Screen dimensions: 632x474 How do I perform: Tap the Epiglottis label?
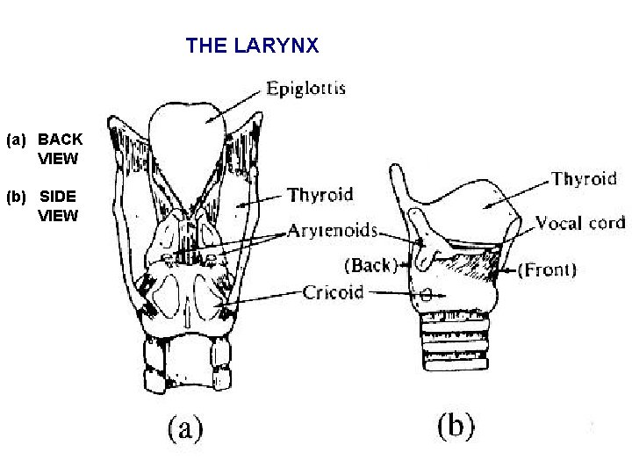pos(305,88)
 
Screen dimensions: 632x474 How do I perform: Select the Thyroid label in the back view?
pos(320,194)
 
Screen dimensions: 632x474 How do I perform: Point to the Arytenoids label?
pos(333,233)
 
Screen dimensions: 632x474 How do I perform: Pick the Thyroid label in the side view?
pos(584,179)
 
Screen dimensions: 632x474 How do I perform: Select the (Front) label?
pos(547,269)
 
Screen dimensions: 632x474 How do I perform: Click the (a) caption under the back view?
pos(184,429)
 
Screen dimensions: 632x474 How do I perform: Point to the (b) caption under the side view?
pos(456,427)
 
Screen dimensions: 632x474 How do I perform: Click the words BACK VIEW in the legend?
pos(60,149)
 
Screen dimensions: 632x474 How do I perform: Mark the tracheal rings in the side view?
pos(456,348)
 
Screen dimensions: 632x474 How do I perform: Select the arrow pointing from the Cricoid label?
pos(263,301)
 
